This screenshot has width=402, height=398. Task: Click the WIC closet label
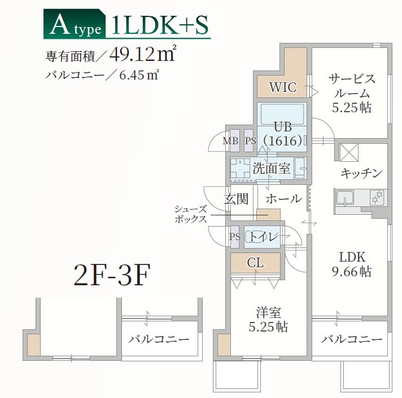(x=282, y=87)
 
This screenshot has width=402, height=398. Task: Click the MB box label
(x=230, y=141)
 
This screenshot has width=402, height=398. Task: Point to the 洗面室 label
(x=271, y=167)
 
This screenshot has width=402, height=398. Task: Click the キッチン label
(x=362, y=173)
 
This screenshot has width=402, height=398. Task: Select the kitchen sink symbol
(x=344, y=198)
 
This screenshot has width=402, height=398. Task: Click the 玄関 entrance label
(x=236, y=198)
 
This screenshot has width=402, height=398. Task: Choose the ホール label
(x=283, y=198)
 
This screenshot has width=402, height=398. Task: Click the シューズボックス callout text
(x=191, y=214)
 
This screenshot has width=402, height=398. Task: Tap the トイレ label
(x=264, y=237)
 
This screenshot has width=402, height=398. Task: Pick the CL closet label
(x=255, y=262)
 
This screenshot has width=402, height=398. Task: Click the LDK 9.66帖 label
(x=351, y=263)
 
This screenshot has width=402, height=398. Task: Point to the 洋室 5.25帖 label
(x=269, y=319)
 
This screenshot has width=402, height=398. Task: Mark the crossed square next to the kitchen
(x=349, y=152)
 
